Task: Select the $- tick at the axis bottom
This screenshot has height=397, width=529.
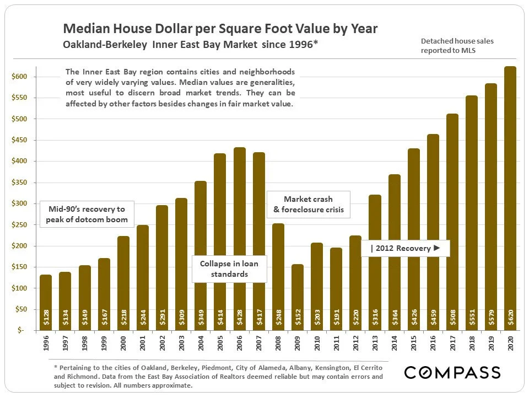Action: pos(20,330)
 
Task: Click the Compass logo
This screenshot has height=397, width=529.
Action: pos(452,372)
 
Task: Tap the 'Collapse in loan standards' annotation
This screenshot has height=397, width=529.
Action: pos(228,269)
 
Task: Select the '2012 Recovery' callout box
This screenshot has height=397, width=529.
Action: pos(406,248)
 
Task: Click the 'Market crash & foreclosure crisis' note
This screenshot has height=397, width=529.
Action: pos(308,204)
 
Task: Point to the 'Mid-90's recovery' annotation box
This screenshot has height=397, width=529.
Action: pos(87,214)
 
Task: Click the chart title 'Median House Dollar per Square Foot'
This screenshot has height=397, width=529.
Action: pos(220,29)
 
